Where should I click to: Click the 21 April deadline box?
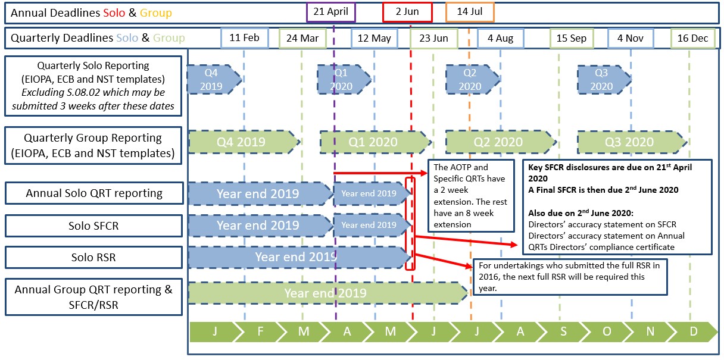(331, 12)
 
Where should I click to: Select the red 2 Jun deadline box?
(407, 12)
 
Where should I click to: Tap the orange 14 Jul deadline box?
(470, 12)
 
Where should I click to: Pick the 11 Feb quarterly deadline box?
(244, 38)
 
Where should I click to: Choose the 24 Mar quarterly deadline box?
(302, 38)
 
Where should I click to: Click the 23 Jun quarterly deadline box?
(433, 38)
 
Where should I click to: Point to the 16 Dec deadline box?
(693, 38)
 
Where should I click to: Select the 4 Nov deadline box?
(631, 38)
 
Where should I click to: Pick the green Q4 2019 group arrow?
(241, 142)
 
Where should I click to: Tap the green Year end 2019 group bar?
(326, 293)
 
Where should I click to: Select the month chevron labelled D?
(692, 331)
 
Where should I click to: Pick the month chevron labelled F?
(260, 331)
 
